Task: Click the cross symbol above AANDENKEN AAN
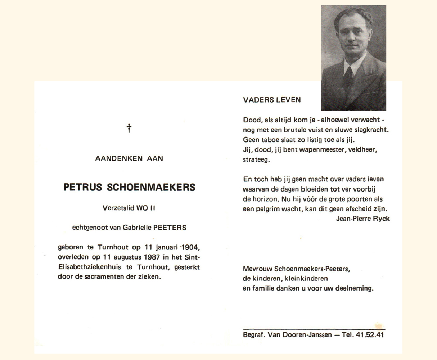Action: [129, 128]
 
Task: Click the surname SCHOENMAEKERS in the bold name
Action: [151, 187]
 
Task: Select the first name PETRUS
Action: [84, 187]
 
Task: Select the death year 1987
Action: [151, 257]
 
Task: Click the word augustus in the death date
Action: [123, 257]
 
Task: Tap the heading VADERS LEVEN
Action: [272, 100]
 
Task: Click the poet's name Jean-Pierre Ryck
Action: [362, 219]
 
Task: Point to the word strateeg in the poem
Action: [256, 160]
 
